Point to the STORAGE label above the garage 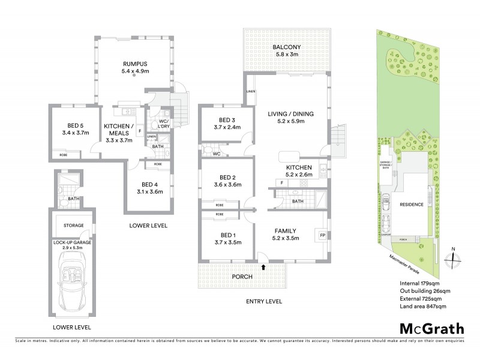click(73, 226)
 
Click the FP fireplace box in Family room click(322, 235)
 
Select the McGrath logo click(431, 328)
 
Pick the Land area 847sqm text click(423, 307)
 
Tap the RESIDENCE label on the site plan click(412, 205)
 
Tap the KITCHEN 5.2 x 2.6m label click(298, 170)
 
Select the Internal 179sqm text click(420, 283)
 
